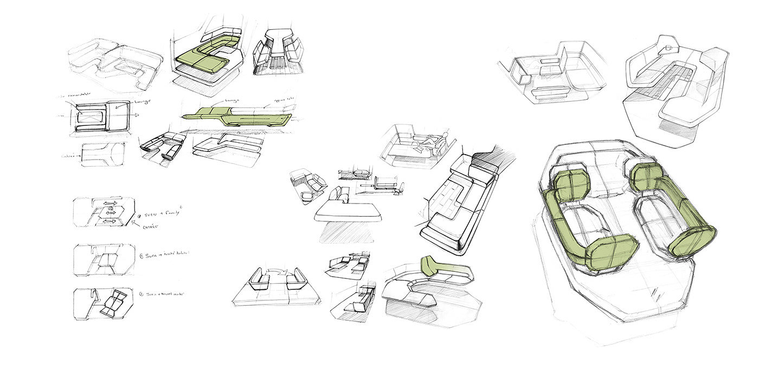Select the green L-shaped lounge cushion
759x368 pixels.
coord(203,59)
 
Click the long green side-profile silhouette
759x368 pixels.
coord(239,116)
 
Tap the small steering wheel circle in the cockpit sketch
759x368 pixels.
coord(668,49)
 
